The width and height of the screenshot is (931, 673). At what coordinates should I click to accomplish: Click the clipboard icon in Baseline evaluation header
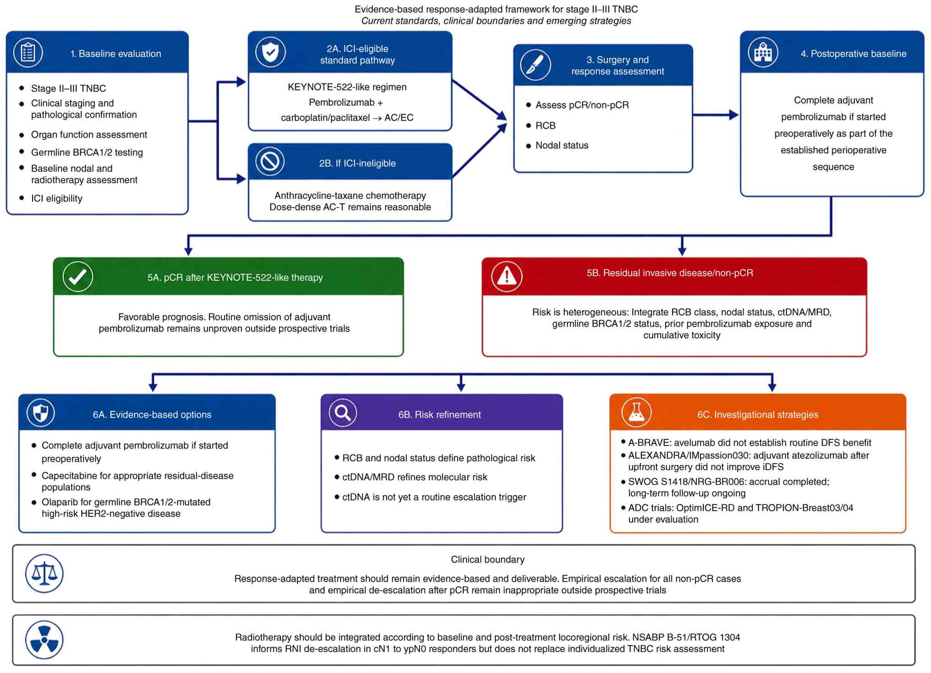28,53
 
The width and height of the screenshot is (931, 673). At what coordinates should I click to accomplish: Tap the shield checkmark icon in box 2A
270,52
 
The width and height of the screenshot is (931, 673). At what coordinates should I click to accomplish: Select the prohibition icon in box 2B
270,161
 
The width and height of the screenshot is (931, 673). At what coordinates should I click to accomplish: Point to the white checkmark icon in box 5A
78,277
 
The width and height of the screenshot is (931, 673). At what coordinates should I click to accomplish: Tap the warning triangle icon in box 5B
507,276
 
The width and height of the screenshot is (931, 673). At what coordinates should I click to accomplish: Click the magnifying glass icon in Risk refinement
343,413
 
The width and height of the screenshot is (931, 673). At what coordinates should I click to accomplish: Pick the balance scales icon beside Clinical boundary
44,574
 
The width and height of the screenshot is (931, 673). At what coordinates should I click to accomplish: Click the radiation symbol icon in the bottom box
44,640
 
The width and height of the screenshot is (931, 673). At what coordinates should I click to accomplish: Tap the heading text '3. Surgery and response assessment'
618,66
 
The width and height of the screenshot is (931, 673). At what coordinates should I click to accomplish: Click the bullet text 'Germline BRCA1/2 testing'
87,152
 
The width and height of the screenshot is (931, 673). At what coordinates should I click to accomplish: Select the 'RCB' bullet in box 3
545,126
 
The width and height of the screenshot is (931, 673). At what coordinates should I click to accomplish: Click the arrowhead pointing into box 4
734,115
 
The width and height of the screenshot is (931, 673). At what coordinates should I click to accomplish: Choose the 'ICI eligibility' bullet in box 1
57,198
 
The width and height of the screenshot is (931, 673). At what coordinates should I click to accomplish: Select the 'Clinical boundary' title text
487,559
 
